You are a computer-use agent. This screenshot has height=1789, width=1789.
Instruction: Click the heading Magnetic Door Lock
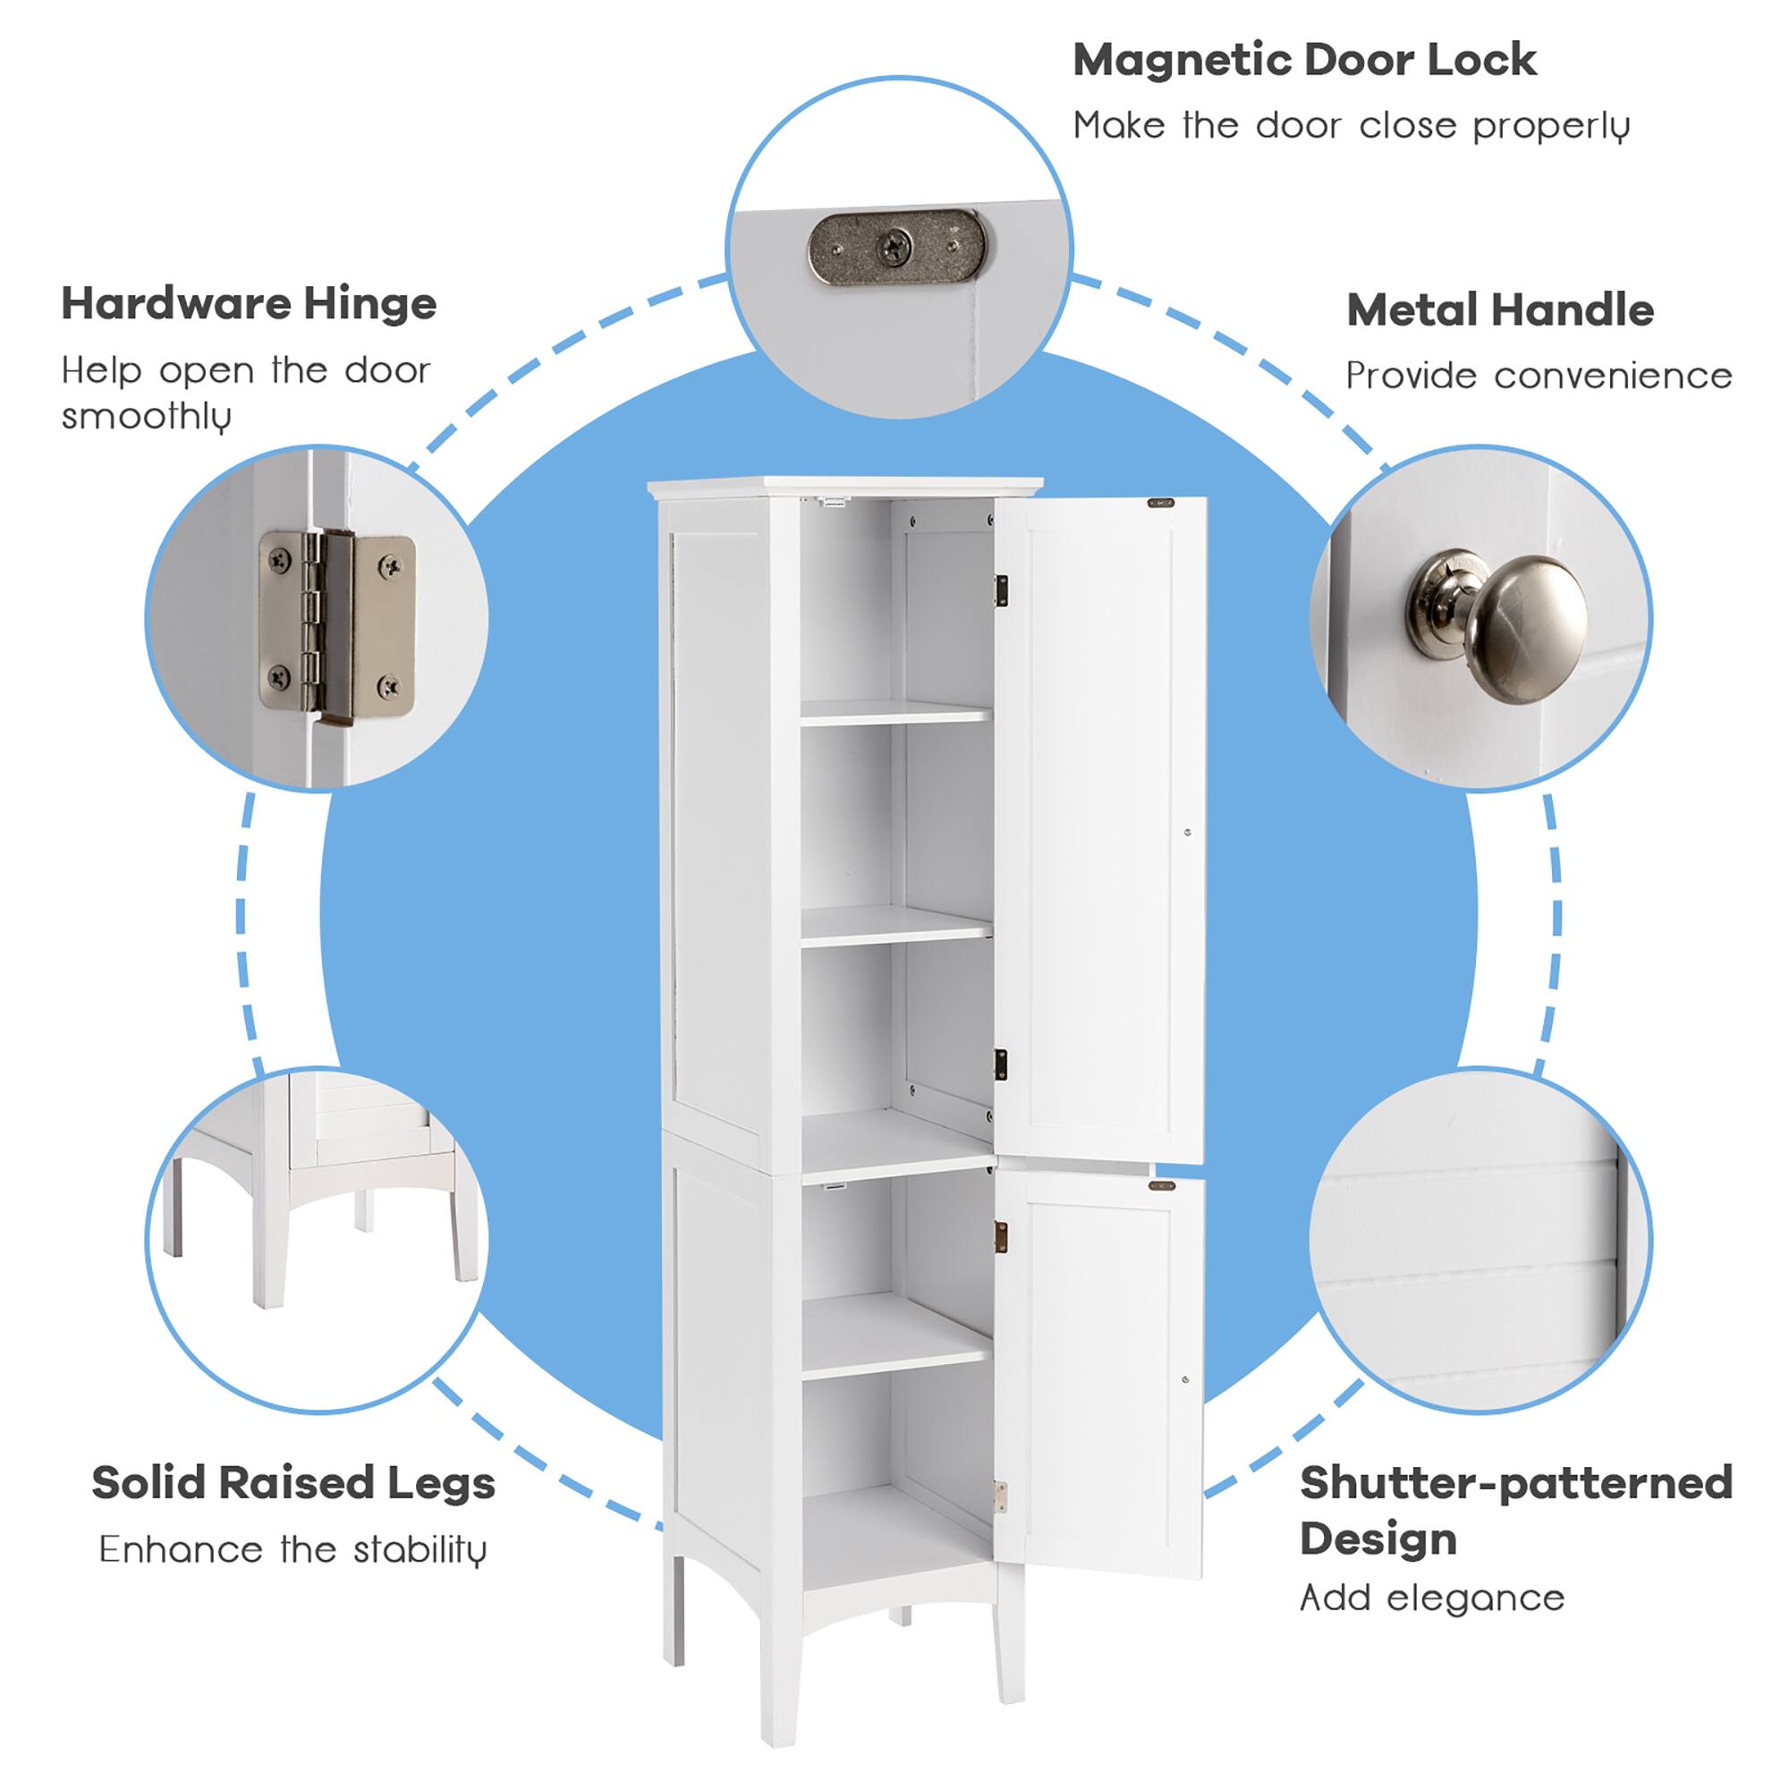tap(1304, 61)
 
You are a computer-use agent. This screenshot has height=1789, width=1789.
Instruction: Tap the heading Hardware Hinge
tap(248, 304)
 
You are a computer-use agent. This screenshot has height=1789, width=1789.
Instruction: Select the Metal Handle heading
tap(1499, 310)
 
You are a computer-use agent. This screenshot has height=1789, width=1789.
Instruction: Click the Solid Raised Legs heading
tap(293, 1482)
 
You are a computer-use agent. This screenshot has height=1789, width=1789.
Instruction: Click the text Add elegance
tap(1431, 1598)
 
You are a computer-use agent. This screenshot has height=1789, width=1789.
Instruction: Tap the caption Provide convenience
tap(1538, 376)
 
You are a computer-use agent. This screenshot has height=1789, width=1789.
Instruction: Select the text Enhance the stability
tap(293, 1550)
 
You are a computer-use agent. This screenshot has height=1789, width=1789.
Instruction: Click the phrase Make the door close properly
tap(1351, 126)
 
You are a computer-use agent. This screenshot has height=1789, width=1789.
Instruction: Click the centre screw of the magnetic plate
tap(895, 246)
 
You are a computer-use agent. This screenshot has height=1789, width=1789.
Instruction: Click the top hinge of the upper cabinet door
tap(1001, 590)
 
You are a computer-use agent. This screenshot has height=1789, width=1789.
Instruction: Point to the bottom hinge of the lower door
tap(1000, 1497)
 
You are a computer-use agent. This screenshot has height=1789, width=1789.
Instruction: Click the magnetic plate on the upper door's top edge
tap(1160, 504)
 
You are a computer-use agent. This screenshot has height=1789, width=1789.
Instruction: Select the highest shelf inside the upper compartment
tap(894, 712)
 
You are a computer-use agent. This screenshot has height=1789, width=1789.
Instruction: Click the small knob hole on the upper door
tap(1188, 833)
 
